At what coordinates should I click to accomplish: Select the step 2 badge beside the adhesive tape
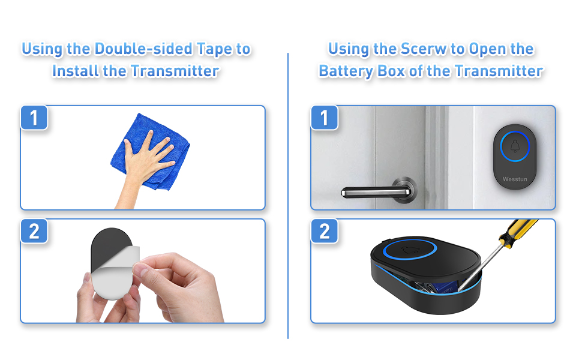34,231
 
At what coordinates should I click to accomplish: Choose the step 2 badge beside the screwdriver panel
324,231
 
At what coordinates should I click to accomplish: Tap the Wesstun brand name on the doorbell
515,178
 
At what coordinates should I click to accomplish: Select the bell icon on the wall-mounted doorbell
515,146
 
